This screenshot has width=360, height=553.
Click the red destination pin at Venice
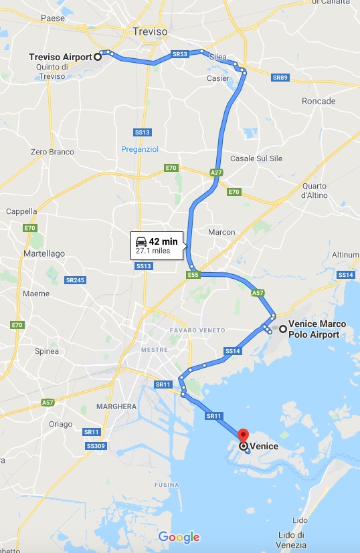pos(243,435)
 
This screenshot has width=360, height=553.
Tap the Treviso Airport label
pos(60,57)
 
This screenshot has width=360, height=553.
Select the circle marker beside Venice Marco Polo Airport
pos(283,328)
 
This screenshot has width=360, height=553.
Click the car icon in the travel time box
pos(141,241)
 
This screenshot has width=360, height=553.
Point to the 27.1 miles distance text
pos(153,251)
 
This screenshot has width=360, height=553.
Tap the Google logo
pos(179,536)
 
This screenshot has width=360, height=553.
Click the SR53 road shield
pos(179,54)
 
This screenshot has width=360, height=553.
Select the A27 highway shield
pos(216,173)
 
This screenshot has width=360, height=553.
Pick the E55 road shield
pos(193,274)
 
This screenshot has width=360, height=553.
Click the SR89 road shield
pos(280,78)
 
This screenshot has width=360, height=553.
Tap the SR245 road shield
pos(75,280)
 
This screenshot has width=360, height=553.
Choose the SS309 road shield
pos(95,445)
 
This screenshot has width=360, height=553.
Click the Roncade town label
pos(319,101)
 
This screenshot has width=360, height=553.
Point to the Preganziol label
pos(139,149)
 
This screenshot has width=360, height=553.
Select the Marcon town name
pos(221,232)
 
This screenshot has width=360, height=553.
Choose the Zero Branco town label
pos(52,152)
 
